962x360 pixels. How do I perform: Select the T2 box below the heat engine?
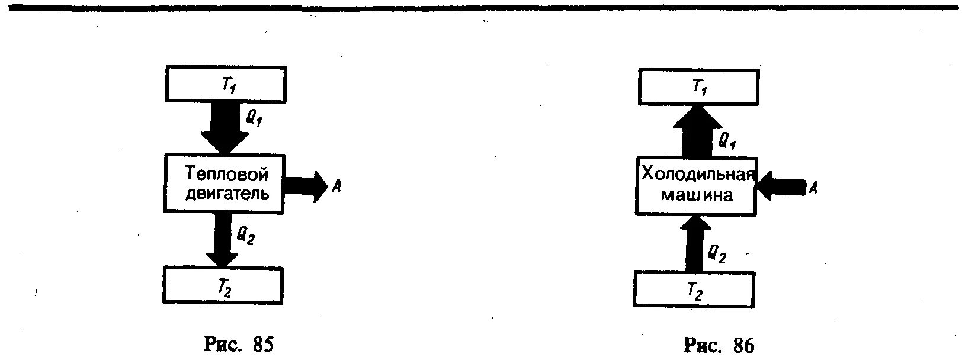click(x=223, y=285)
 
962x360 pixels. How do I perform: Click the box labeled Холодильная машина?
click(x=697, y=185)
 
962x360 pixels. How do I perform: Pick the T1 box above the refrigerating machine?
click(x=698, y=87)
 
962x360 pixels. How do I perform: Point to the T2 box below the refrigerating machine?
click(x=694, y=290)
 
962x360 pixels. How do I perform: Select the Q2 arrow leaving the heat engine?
click(x=222, y=240)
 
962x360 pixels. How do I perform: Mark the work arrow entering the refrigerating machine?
click(x=782, y=188)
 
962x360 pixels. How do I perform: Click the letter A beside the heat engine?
click(x=336, y=187)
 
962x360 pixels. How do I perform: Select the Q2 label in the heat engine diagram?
click(x=246, y=237)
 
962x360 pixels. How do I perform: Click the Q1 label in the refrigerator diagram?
click(x=727, y=141)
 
